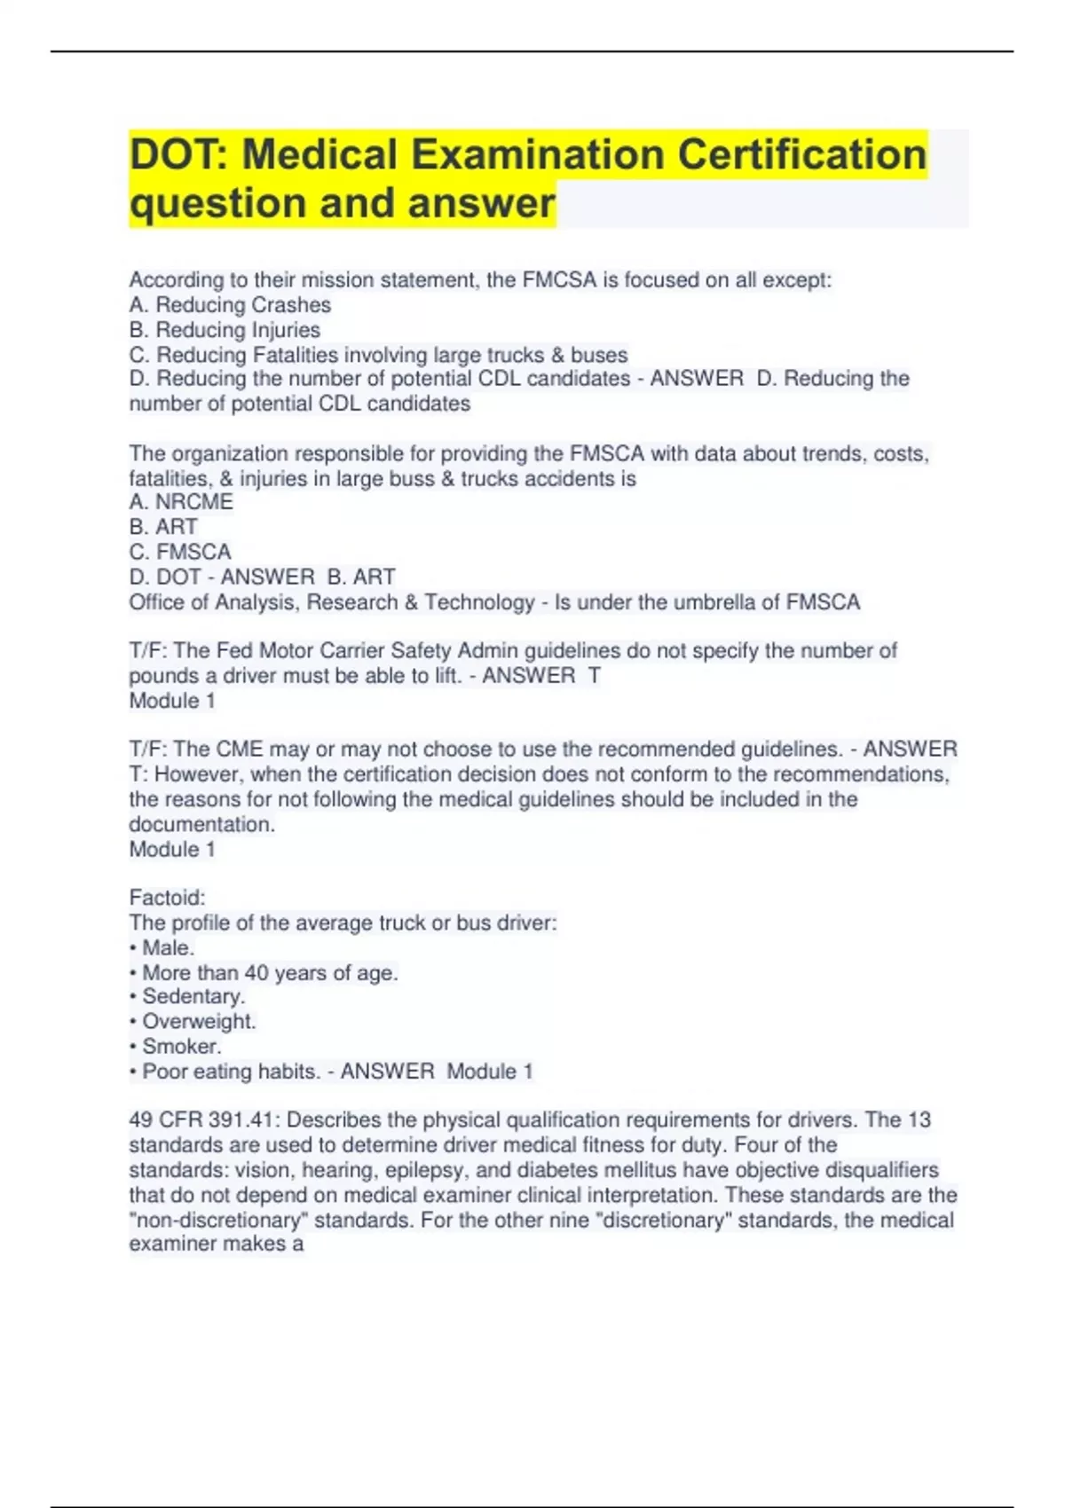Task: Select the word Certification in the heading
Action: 803,155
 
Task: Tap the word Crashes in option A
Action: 289,305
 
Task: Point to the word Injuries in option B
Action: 281,330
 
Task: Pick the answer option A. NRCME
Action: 181,502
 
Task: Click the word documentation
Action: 201,824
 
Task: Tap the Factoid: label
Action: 167,898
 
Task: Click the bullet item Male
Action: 168,948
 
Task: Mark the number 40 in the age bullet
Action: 256,973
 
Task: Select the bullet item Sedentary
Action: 193,997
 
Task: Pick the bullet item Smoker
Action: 181,1047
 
